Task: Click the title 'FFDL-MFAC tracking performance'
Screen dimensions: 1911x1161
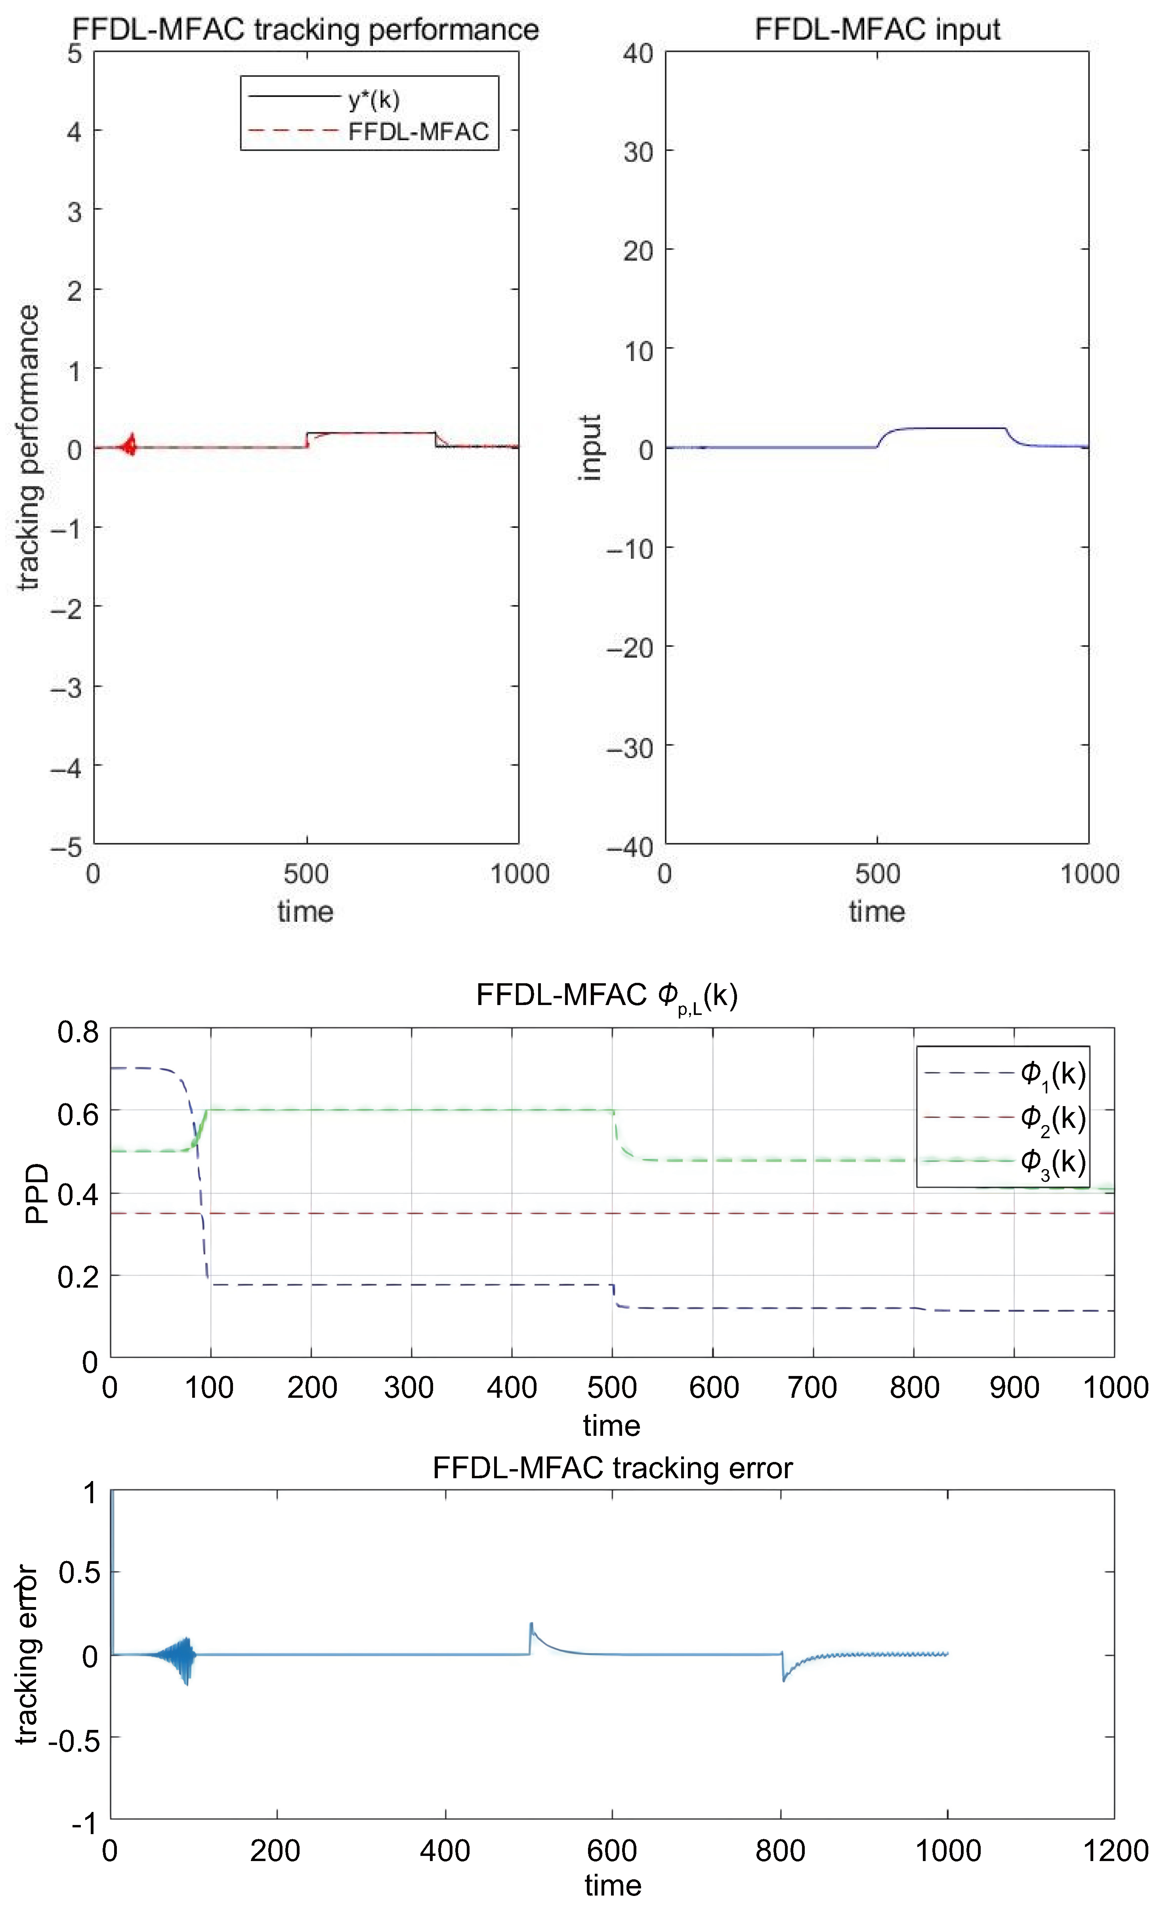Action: click(x=306, y=29)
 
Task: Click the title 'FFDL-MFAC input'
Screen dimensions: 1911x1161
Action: click(x=877, y=29)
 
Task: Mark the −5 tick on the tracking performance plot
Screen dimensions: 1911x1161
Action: click(x=67, y=847)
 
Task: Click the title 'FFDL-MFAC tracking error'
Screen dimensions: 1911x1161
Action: click(x=612, y=1468)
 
